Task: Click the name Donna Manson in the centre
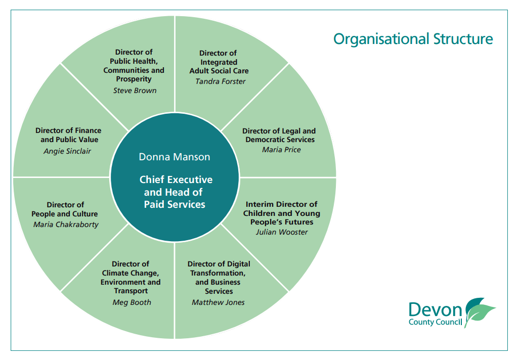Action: point(175,157)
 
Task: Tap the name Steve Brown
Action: point(135,91)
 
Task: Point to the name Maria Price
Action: point(281,150)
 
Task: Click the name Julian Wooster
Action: point(281,232)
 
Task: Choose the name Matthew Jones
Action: point(218,302)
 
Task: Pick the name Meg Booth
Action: point(132,302)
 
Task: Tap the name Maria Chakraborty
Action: point(66,224)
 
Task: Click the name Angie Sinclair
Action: point(67,151)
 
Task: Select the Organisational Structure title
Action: point(413,39)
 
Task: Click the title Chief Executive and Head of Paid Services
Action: point(175,192)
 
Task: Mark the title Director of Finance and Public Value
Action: point(68,135)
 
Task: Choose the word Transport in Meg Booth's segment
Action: point(131,291)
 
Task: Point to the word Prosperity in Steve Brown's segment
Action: point(134,79)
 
